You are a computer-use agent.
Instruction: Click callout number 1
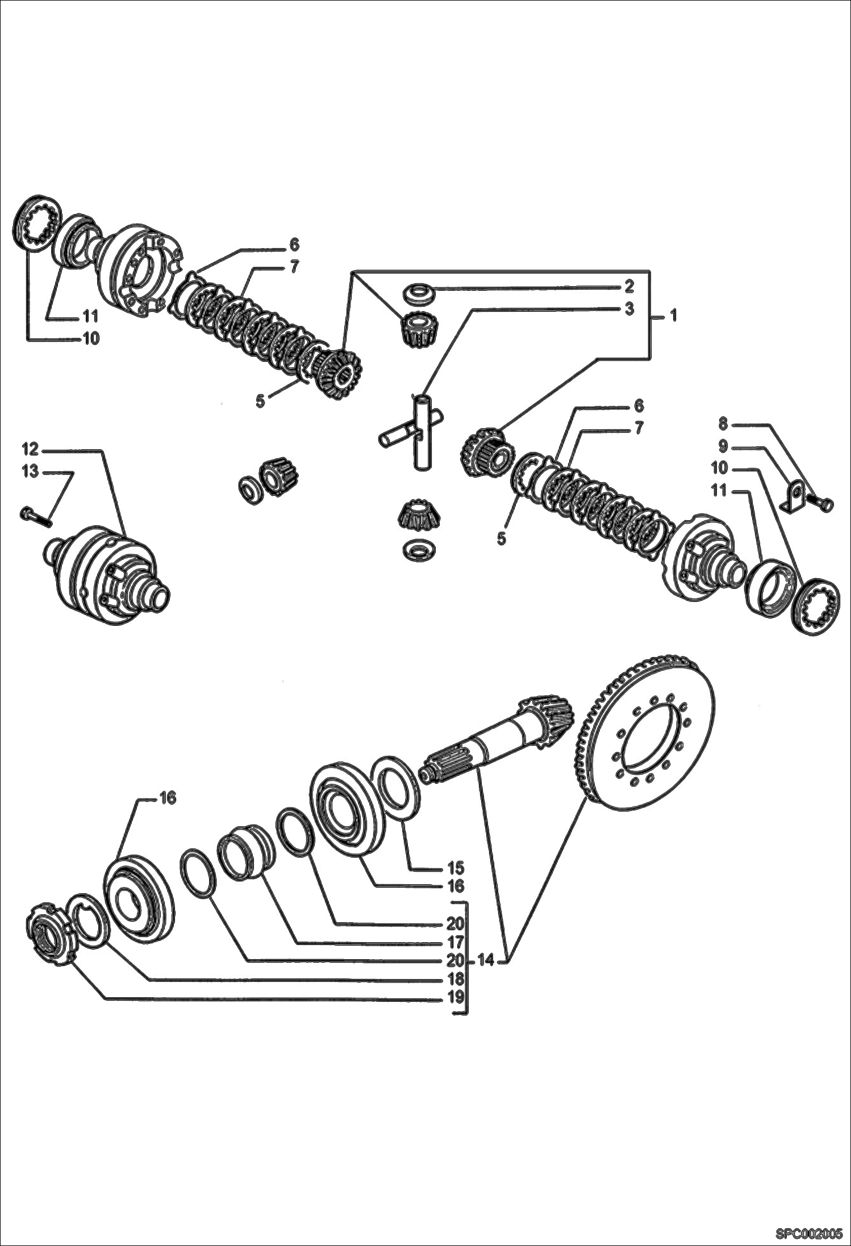click(x=673, y=316)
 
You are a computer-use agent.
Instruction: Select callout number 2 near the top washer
click(x=629, y=286)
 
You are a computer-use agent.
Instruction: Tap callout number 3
click(x=629, y=309)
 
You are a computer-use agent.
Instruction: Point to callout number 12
click(x=30, y=449)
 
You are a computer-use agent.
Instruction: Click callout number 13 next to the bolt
click(x=30, y=471)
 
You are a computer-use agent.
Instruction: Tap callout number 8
click(x=723, y=423)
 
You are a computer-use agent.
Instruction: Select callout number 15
click(x=455, y=868)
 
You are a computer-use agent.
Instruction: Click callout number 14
click(x=486, y=960)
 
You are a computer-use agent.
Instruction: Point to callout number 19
click(x=455, y=997)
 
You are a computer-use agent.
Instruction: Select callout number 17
click(x=455, y=942)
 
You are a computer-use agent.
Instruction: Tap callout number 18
click(x=455, y=979)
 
